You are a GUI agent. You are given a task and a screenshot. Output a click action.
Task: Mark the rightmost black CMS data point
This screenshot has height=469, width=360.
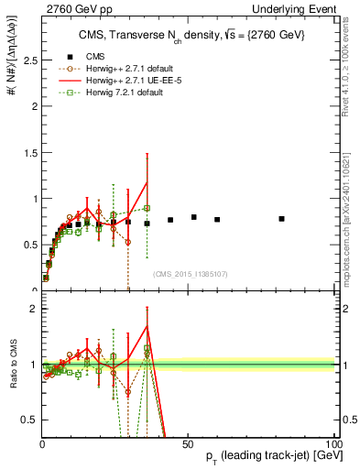coord(282,219)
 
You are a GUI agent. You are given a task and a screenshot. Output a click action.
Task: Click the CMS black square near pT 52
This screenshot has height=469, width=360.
coord(194,217)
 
